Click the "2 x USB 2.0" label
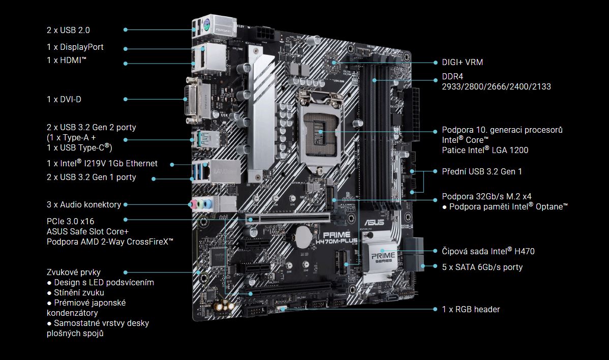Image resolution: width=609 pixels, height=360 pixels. click(68, 30)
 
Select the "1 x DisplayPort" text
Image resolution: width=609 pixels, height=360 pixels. click(75, 47)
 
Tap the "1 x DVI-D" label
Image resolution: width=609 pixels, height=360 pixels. click(64, 100)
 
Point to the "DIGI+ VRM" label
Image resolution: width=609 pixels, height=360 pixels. click(462, 62)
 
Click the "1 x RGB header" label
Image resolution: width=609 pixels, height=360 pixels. click(471, 310)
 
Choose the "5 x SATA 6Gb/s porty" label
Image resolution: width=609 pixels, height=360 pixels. click(482, 267)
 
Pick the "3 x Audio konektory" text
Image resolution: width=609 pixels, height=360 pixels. click(84, 204)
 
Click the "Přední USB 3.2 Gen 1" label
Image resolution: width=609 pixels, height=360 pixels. click(482, 172)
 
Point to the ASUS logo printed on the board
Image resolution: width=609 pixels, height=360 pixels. click(374, 223)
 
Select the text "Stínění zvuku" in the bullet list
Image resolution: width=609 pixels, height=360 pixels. click(79, 293)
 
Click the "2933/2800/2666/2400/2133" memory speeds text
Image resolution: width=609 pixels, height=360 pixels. click(496, 86)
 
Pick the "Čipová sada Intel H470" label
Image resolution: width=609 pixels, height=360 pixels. click(488, 251)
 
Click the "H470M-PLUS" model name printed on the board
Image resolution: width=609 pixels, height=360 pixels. click(337, 242)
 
